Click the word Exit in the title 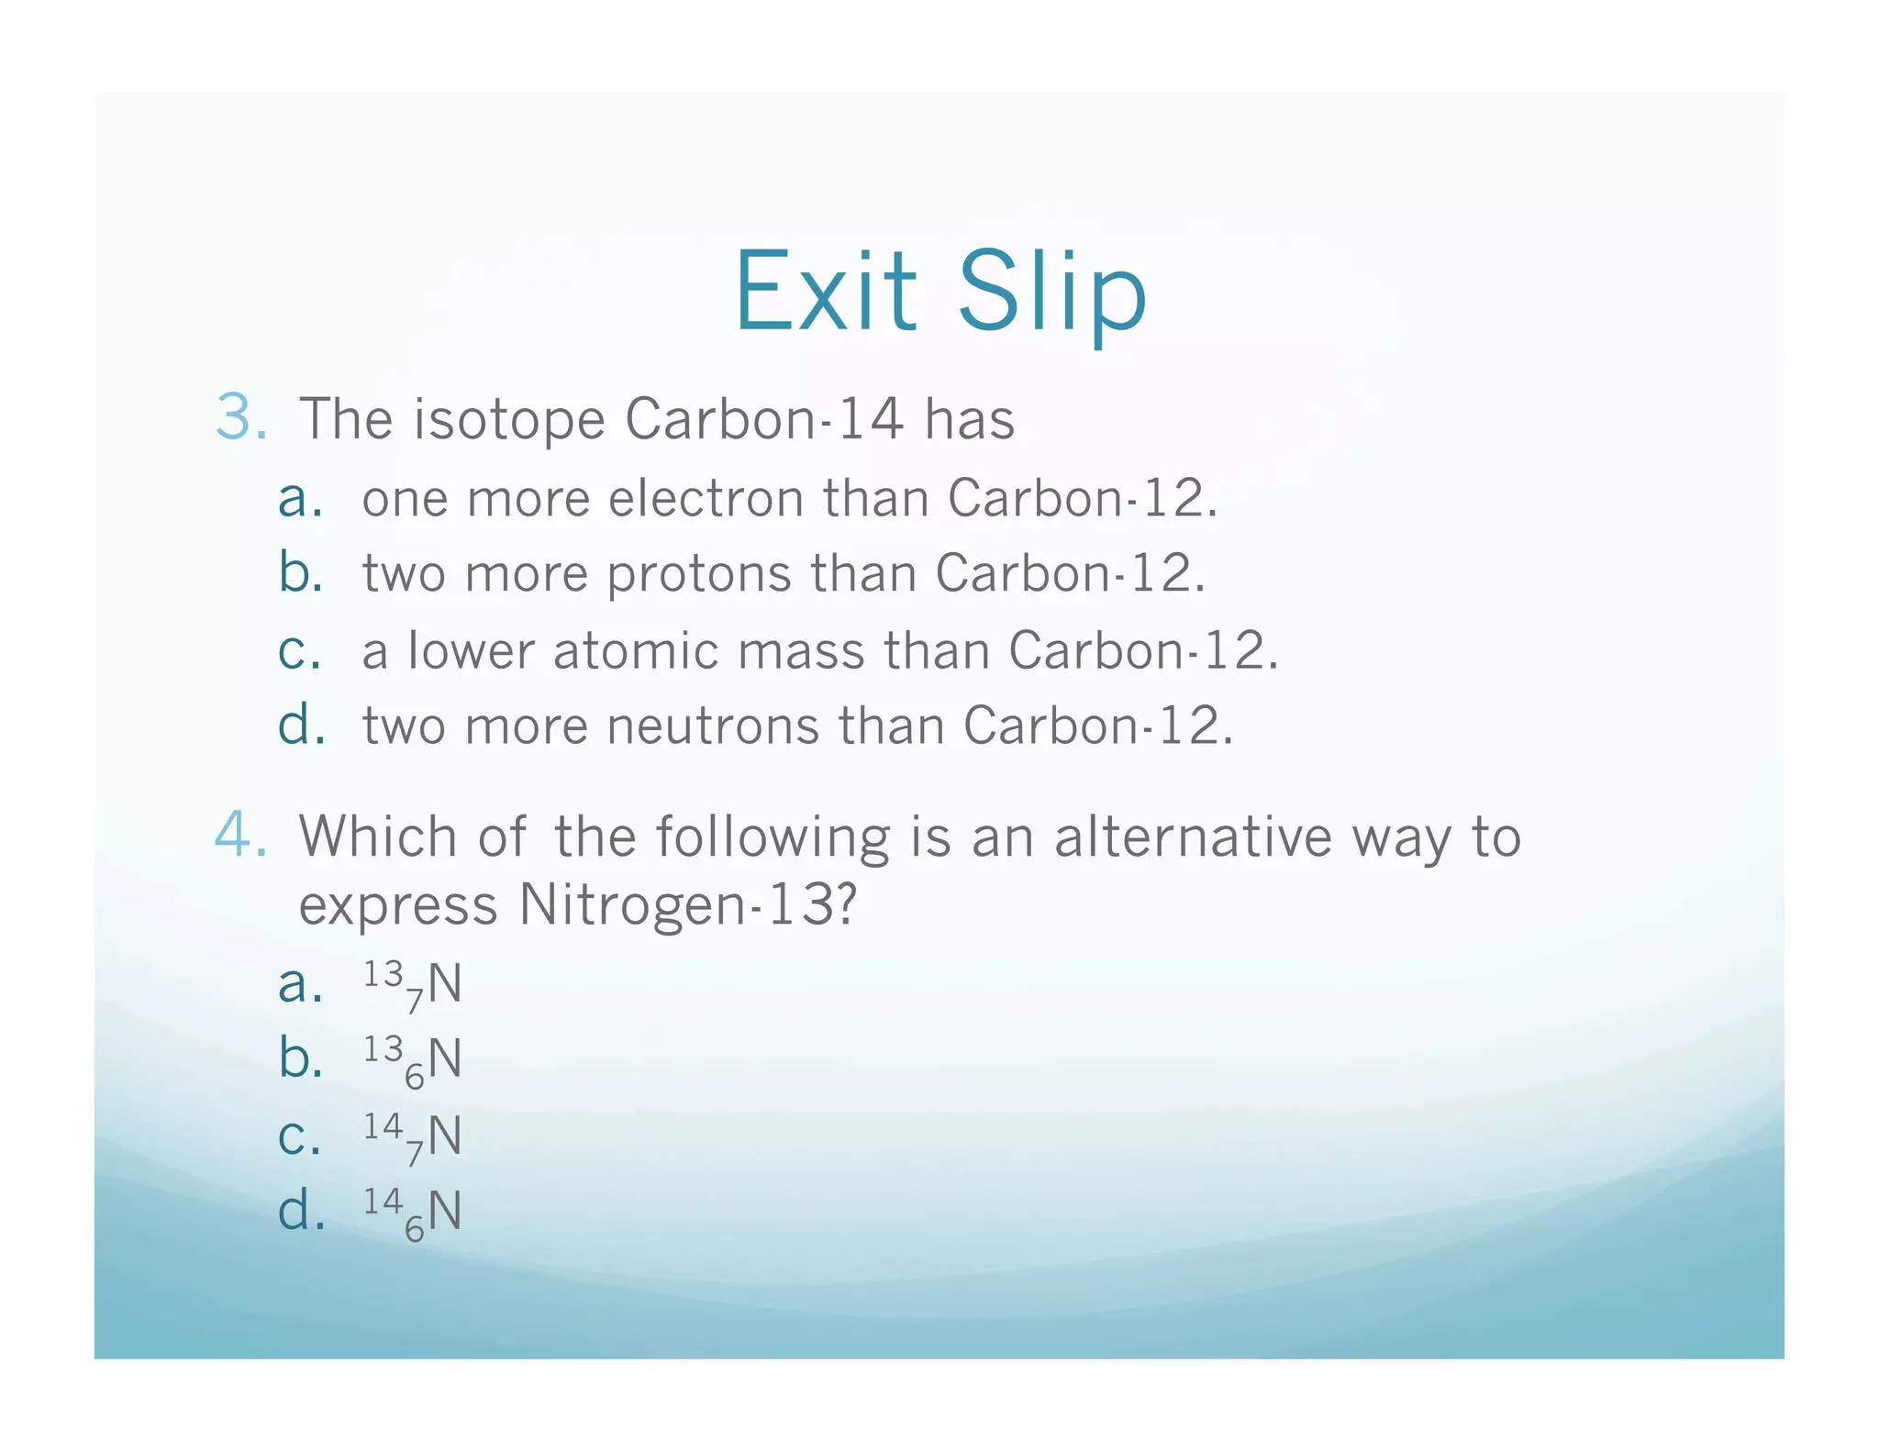825,292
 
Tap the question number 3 240,417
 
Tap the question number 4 240,836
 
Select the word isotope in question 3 508,420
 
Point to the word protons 698,575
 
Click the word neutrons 713,725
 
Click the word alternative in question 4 1193,836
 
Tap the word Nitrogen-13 688,905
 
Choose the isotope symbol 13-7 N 412,985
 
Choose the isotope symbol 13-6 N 412,1060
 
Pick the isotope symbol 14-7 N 412,1137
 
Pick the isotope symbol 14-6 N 412,1213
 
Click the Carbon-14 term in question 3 763,419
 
